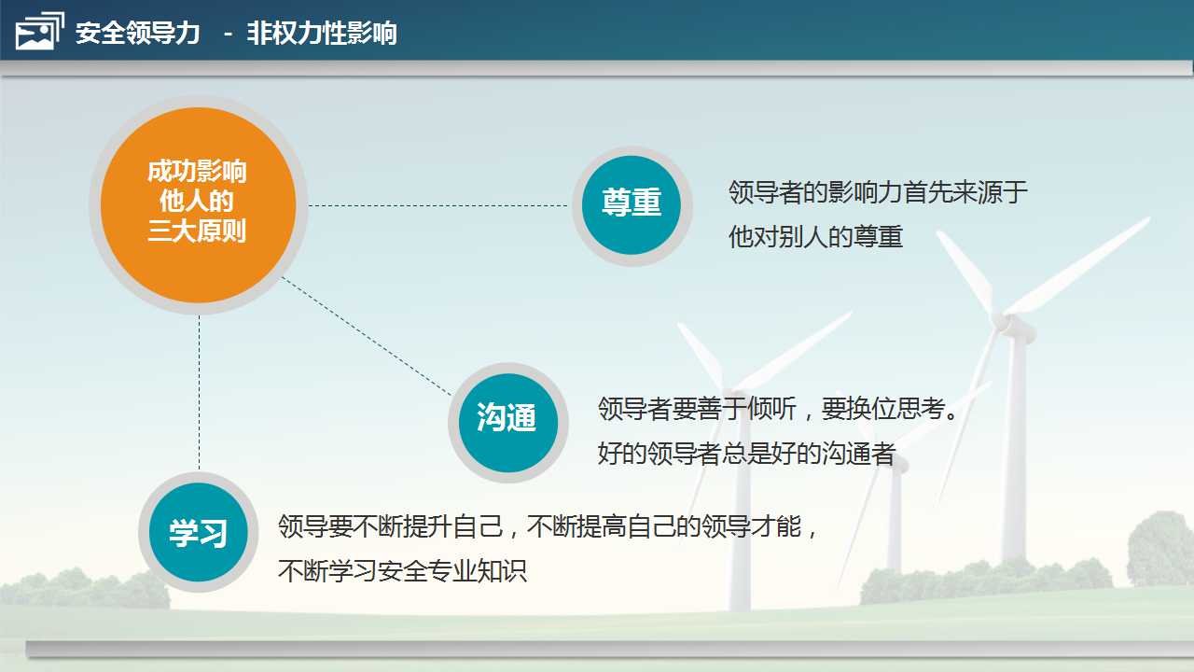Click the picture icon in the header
pyautogui.click(x=39, y=31)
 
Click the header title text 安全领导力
pyautogui.click(x=137, y=33)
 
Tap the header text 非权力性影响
pyautogui.click(x=322, y=33)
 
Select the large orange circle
pyautogui.click(x=199, y=205)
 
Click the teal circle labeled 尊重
pyautogui.click(x=632, y=205)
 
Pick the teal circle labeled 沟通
pyautogui.click(x=508, y=423)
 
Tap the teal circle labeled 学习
pyautogui.click(x=199, y=532)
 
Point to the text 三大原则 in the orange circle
pyautogui.click(x=197, y=231)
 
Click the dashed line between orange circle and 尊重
pyautogui.click(x=438, y=205)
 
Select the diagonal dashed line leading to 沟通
pyautogui.click(x=367, y=337)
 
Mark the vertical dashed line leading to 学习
pyautogui.click(x=200, y=393)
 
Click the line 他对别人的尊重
pyautogui.click(x=815, y=237)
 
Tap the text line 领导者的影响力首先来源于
pyautogui.click(x=878, y=192)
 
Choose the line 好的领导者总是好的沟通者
pyautogui.click(x=746, y=454)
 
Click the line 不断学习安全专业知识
pyautogui.click(x=402, y=571)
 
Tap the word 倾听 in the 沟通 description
pyautogui.click(x=771, y=409)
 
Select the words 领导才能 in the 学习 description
pyautogui.click(x=752, y=526)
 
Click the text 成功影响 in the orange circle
pyautogui.click(x=197, y=171)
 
